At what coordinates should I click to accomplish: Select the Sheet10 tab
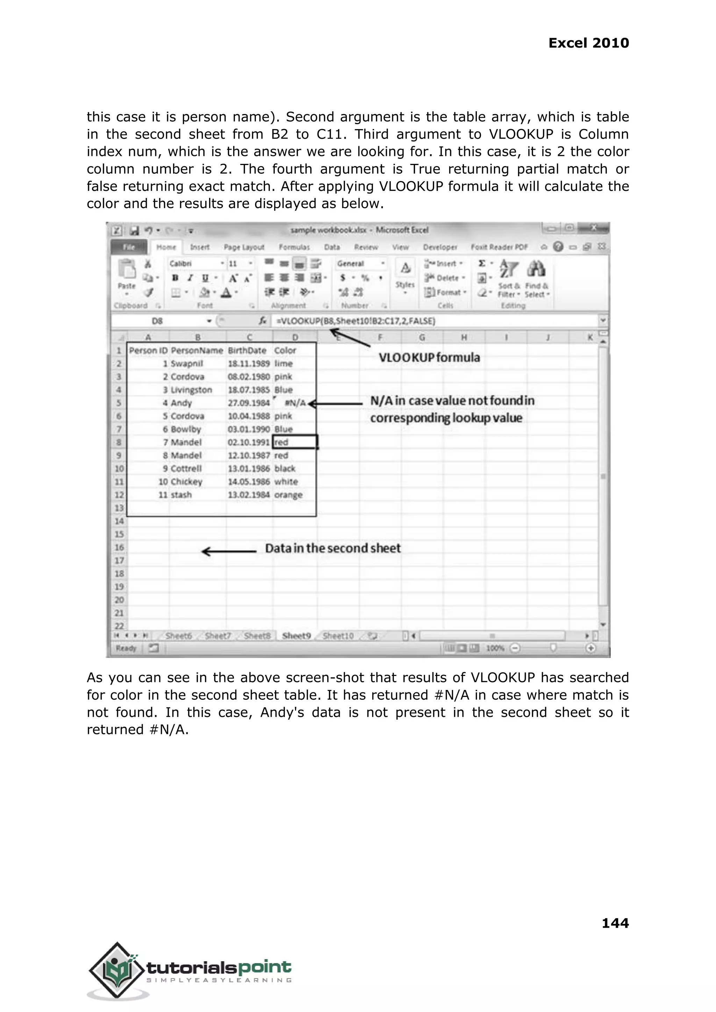pos(338,635)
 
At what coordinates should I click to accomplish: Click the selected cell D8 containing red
pos(294,442)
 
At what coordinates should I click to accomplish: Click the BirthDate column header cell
pos(247,350)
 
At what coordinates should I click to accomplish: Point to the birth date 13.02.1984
pos(248,495)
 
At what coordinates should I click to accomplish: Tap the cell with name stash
pos(181,495)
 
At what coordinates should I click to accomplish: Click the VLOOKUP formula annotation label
pos(429,357)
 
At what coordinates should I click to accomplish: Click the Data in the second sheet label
pos(333,548)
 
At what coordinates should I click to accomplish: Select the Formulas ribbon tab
pos(294,247)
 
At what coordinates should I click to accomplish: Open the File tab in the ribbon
pos(129,247)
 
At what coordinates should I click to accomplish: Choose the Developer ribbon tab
pos(439,247)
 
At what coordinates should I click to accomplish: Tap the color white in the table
pos(286,482)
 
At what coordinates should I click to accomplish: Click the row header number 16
pos(119,547)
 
